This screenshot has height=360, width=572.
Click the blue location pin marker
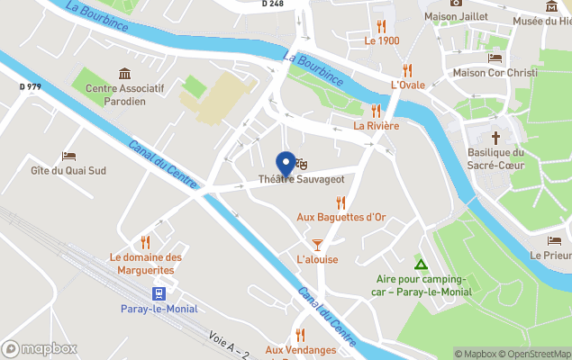[x=287, y=163]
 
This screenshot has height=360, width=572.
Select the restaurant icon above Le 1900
[x=382, y=26]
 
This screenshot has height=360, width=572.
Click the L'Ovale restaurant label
[x=408, y=85]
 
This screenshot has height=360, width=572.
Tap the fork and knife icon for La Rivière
[x=377, y=111]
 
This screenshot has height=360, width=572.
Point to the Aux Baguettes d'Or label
[x=340, y=217]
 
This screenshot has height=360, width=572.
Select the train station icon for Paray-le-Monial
[x=159, y=293]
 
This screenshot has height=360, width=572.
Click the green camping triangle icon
[x=420, y=264]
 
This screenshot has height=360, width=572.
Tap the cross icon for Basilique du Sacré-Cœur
[x=495, y=137]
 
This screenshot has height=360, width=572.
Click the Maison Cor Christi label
[x=495, y=72]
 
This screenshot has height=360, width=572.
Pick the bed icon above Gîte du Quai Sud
[x=68, y=156]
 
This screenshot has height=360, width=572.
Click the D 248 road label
[x=274, y=4]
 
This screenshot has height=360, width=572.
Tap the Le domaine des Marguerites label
[x=146, y=262]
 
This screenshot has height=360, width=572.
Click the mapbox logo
[x=40, y=348]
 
